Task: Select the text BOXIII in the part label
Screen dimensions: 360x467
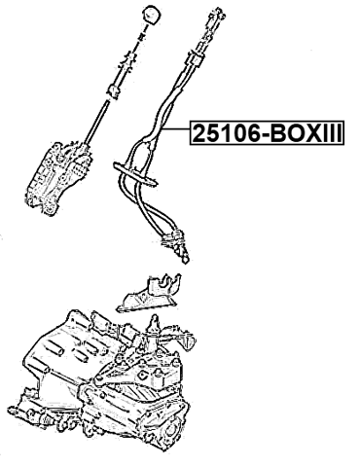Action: (302, 132)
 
